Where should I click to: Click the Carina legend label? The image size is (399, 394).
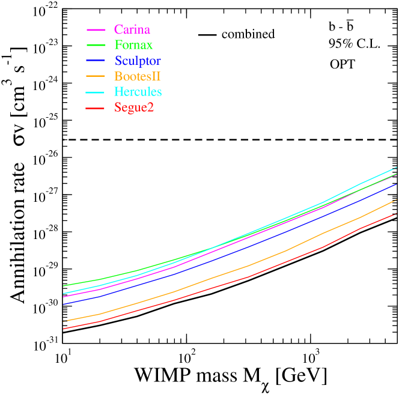pyautogui.click(x=131, y=29)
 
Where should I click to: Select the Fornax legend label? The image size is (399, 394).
pyautogui.click(x=132, y=45)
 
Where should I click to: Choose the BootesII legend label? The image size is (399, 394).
pyautogui.click(x=139, y=76)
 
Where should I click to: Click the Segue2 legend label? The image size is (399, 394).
pyautogui.click(x=133, y=108)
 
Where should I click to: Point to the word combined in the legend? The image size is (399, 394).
pyautogui.click(x=248, y=34)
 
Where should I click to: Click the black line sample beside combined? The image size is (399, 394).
pyautogui.click(x=207, y=34)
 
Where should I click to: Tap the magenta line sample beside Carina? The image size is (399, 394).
pyautogui.click(x=97, y=29)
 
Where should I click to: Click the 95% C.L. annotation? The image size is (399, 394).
pyautogui.click(x=354, y=45)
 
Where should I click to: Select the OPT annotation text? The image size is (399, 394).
pyautogui.click(x=342, y=63)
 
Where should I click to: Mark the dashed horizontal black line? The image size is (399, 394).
pyautogui.click(x=228, y=139)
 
